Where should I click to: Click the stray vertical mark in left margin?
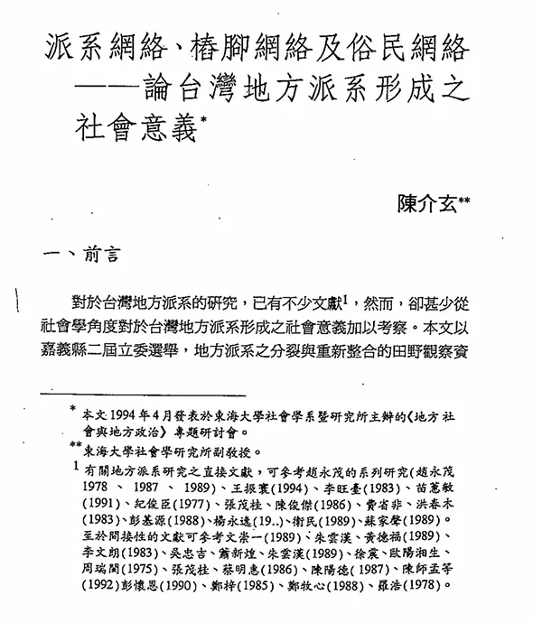click(20, 297)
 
